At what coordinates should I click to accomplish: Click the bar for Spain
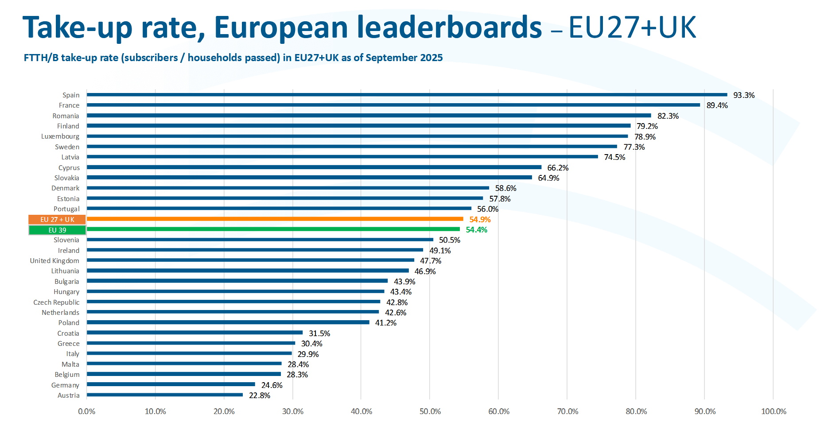point(407,95)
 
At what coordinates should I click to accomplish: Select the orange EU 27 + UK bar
point(275,219)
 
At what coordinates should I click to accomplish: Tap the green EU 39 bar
point(273,229)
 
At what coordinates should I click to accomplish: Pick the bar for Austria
point(164,395)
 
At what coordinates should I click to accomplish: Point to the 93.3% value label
point(744,95)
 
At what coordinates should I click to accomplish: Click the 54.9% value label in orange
point(480,220)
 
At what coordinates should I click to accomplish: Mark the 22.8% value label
point(259,395)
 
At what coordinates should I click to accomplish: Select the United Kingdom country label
point(54,261)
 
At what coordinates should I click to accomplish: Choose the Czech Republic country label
point(56,302)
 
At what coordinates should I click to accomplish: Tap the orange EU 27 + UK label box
point(57,220)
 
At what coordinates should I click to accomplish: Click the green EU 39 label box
point(57,230)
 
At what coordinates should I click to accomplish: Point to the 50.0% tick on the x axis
point(430,411)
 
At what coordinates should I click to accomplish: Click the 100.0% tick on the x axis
point(773,411)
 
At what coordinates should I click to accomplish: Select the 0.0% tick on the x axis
point(86,411)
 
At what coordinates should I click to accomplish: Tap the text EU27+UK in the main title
point(632,27)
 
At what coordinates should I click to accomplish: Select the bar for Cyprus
point(314,167)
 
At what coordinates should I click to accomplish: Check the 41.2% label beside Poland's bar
point(385,323)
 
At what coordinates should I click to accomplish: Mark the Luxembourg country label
point(60,136)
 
